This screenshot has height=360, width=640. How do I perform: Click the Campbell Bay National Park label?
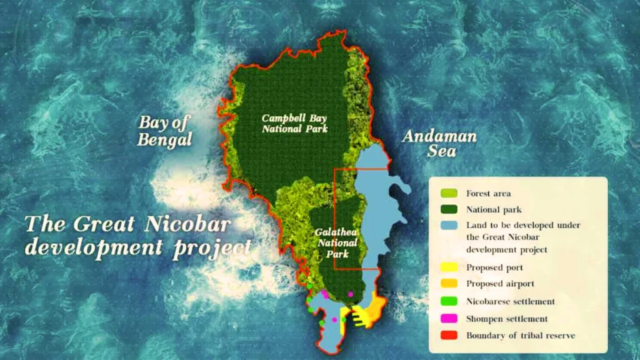point(295,123)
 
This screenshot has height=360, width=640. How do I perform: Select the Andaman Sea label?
point(439,143)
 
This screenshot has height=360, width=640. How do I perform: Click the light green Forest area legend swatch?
point(448,194)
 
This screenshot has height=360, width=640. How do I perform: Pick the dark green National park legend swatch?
point(448,210)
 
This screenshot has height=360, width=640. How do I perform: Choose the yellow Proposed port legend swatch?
point(448,267)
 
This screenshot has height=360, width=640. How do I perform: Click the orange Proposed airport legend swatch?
point(448,284)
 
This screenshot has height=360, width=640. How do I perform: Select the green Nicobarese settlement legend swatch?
point(448,301)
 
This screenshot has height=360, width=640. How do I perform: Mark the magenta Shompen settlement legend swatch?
point(448,319)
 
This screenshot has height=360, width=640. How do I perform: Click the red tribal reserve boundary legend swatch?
point(448,336)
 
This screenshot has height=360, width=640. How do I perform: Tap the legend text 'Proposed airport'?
point(500,284)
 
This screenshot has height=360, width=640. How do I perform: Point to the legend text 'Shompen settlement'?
point(507,319)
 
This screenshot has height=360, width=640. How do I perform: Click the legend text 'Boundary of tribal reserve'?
point(521,336)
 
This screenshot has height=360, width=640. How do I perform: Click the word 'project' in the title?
point(212,249)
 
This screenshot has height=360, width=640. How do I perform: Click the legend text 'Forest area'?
point(488,194)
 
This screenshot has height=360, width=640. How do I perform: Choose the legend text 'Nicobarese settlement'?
point(511,301)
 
